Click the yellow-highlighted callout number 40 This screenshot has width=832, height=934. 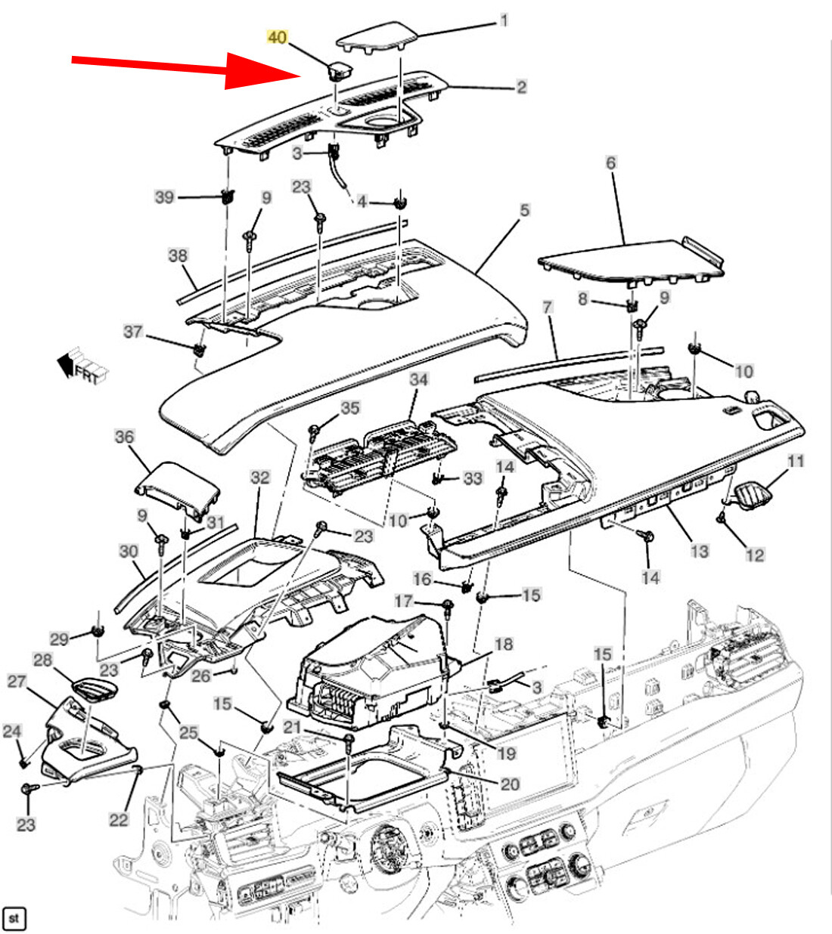click(278, 36)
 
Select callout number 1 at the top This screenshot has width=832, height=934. click(504, 20)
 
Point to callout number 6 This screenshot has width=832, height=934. click(610, 162)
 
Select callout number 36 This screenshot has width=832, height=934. click(124, 436)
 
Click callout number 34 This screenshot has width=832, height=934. click(418, 379)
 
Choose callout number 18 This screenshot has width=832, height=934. click(503, 644)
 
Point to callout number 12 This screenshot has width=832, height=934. click(755, 555)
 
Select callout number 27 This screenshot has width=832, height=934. click(17, 682)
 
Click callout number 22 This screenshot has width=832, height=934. click(119, 819)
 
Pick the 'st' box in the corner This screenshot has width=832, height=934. click(14, 919)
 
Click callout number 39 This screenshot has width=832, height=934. click(164, 196)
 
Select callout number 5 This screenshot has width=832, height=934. click(525, 209)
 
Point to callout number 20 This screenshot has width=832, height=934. click(511, 784)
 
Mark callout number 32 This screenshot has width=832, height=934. click(259, 478)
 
